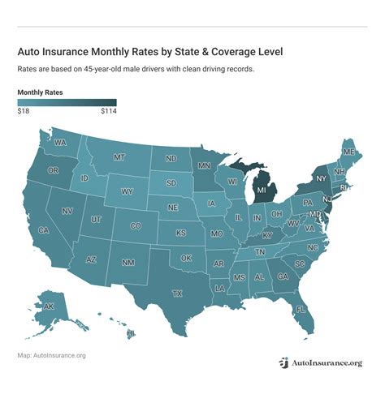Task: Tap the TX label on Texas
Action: point(176,293)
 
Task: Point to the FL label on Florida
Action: point(300,309)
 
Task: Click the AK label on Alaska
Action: point(49,306)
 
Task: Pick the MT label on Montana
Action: point(119,156)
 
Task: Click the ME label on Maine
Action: point(348,152)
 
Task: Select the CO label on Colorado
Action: point(136,226)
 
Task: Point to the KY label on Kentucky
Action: point(267,235)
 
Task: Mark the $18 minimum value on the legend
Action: point(24,112)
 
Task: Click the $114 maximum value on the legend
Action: point(108,112)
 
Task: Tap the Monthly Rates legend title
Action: point(41,92)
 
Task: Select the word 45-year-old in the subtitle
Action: point(102,69)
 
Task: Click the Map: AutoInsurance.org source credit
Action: point(51,355)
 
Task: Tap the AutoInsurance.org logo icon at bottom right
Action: point(284,362)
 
